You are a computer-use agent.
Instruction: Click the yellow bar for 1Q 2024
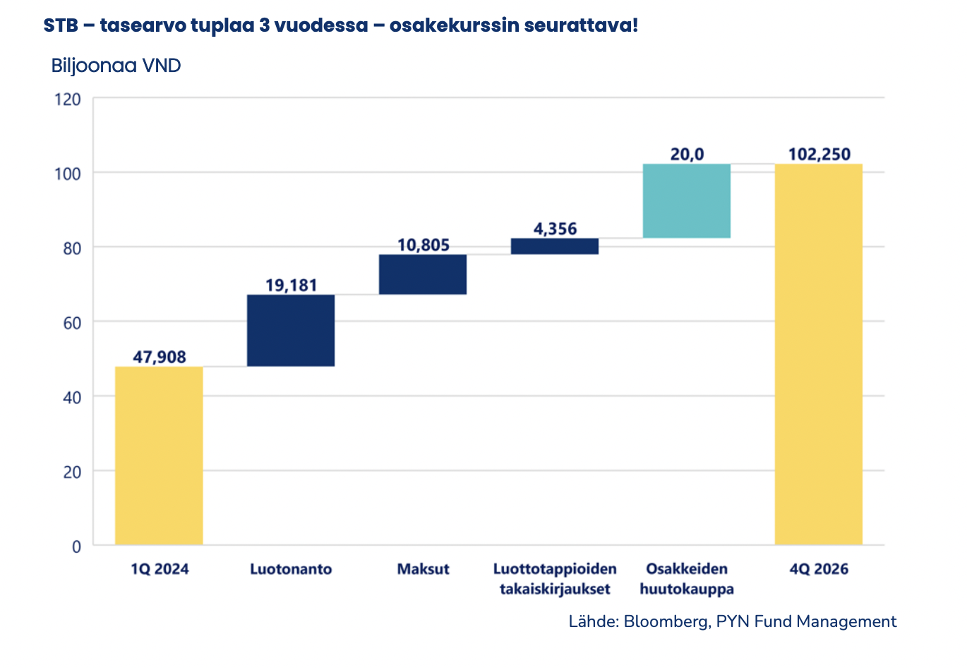tap(159, 455)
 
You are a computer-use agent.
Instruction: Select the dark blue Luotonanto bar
tap(291, 330)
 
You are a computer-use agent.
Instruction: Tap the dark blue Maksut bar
tap(423, 275)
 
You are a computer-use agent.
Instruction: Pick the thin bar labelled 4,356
tap(555, 246)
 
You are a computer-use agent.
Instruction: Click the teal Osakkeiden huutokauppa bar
tap(687, 201)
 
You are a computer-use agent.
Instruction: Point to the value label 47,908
tap(160, 357)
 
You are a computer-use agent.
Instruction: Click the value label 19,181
tap(292, 285)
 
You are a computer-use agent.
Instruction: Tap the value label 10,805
tap(424, 245)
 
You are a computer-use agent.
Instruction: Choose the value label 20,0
tap(687, 154)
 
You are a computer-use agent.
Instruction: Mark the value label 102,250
tap(819, 154)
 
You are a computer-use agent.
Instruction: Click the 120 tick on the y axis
tap(68, 100)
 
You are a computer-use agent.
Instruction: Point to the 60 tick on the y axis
tap(72, 323)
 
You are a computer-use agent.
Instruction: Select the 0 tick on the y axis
tap(76, 546)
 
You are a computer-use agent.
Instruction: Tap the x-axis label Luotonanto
tap(291, 569)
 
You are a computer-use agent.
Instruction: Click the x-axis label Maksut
tap(423, 569)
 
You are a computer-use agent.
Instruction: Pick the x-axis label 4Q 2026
tap(819, 569)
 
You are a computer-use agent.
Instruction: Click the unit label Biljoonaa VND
tap(116, 66)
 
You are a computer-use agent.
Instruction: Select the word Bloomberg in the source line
tap(666, 621)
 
